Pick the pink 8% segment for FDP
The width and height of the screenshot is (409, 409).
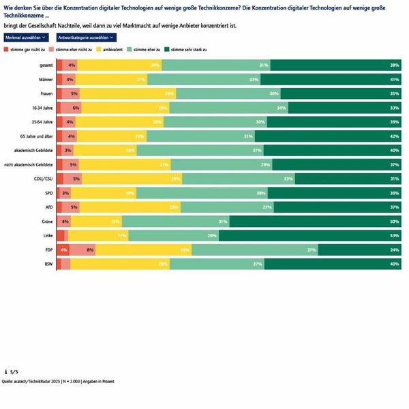[82, 250]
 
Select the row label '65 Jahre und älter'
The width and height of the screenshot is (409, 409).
[37, 136]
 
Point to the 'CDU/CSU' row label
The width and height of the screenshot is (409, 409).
[44, 179]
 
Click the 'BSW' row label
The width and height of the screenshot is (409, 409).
[49, 264]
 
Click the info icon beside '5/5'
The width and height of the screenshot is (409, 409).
[5, 372]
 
